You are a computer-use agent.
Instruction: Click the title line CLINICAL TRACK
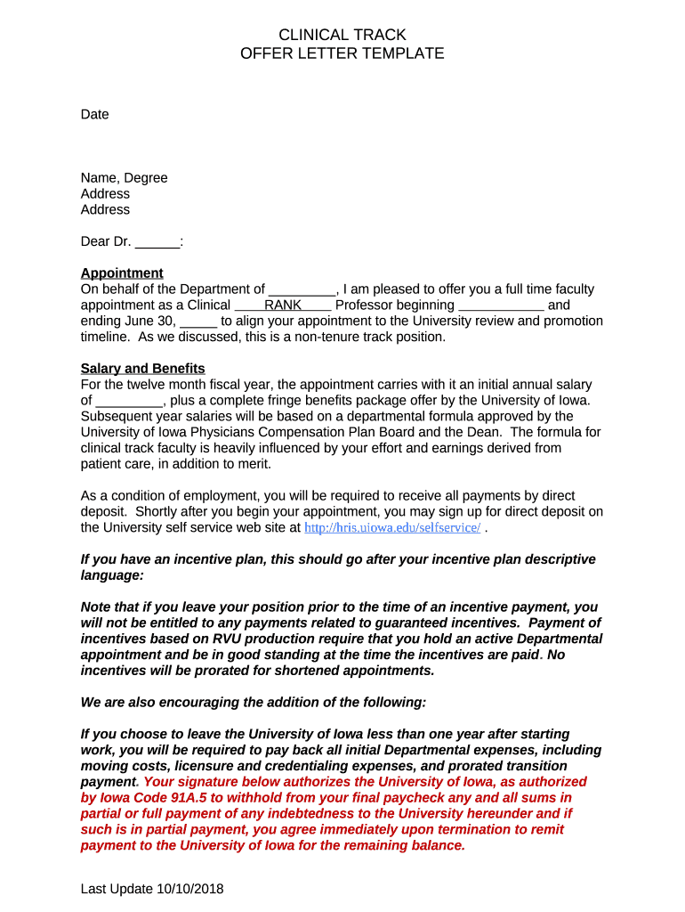click(342, 35)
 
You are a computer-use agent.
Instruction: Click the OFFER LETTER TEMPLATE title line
click(342, 53)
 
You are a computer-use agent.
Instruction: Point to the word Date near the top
click(94, 114)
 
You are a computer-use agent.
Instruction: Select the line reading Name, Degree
click(124, 178)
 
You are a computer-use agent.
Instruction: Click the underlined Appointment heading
click(122, 273)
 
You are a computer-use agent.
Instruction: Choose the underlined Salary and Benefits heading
click(142, 368)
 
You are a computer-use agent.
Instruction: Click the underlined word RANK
click(283, 305)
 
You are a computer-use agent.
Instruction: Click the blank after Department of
click(302, 289)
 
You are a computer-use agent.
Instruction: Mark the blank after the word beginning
click(501, 305)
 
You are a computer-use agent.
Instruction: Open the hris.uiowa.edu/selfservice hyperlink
click(392, 528)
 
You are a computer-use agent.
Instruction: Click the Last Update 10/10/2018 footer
click(152, 889)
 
